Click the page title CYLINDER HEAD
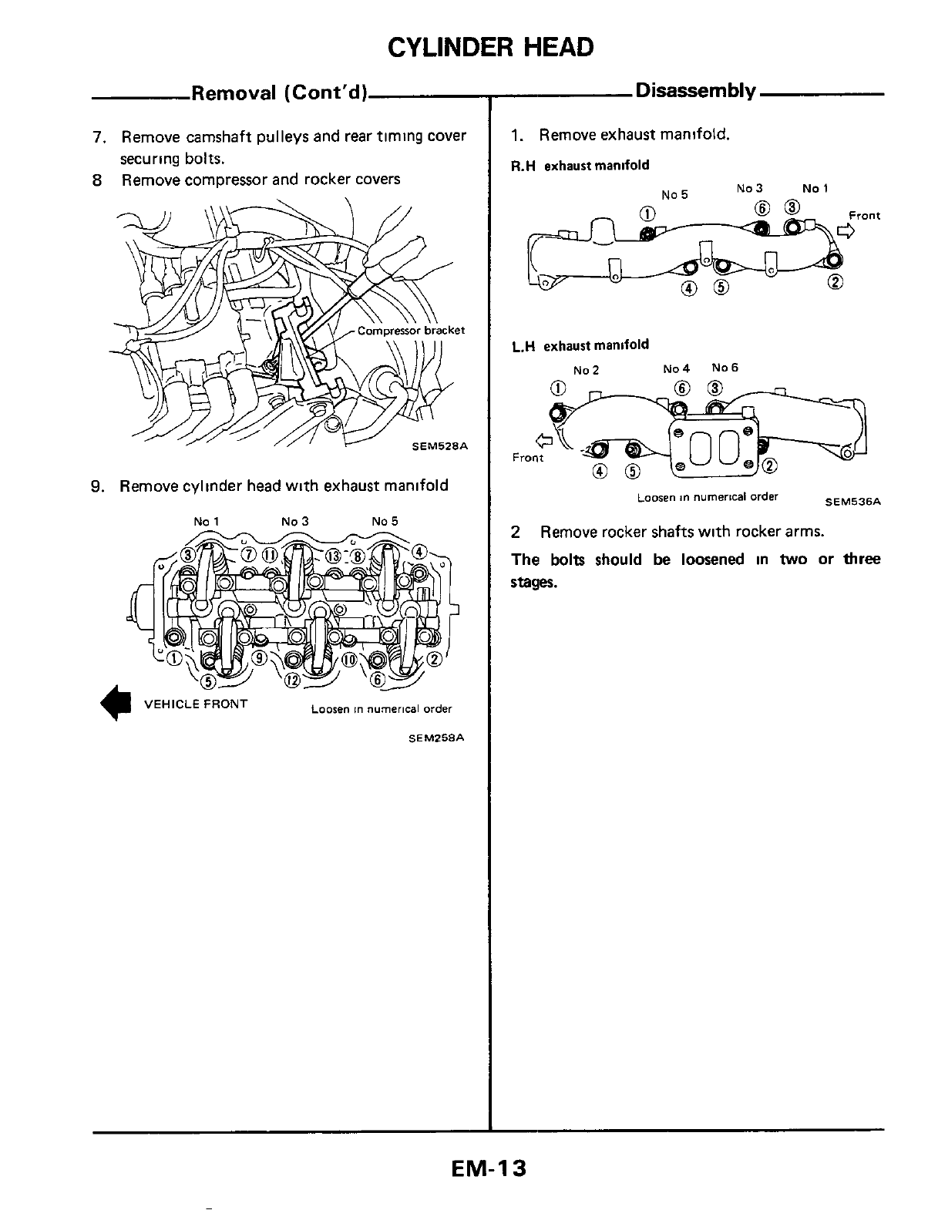491,47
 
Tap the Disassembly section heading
694,91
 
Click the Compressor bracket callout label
411,331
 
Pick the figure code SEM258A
436,737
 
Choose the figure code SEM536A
852,501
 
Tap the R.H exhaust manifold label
580,165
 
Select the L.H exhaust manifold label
580,345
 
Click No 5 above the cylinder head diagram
384,521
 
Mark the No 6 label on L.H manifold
725,368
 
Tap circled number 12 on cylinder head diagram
292,680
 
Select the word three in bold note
861,559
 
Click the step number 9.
96,486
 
